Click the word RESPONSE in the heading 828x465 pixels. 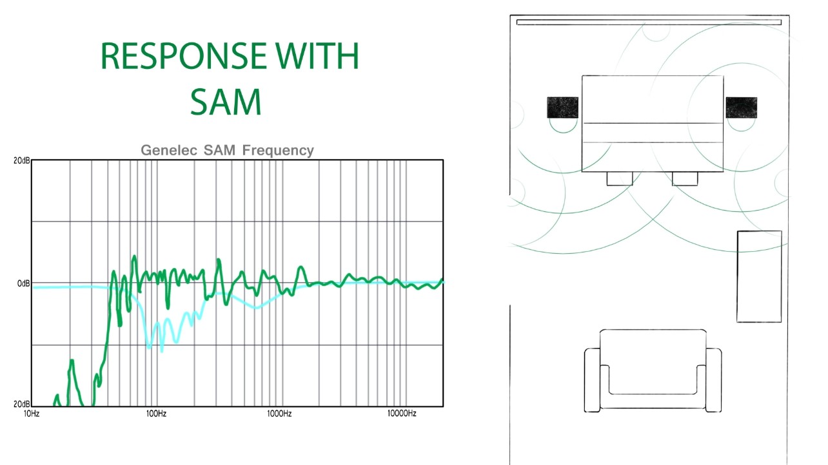tap(183, 56)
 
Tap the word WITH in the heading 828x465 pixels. tap(317, 56)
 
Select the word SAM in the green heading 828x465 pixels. tap(226, 102)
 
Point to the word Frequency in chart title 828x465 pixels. tap(278, 151)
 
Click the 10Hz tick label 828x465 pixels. tap(32, 413)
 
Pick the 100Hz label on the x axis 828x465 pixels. tap(156, 413)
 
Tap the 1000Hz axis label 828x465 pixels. tap(279, 413)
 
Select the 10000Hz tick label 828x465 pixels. tap(402, 413)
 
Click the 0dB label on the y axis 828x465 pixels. tap(23, 283)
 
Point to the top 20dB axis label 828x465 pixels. tap(21, 160)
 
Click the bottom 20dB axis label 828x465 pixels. tap(21, 404)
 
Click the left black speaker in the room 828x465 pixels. tap(562, 108)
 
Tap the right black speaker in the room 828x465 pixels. tap(741, 108)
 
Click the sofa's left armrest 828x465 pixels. tap(592, 380)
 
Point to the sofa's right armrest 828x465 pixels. tap(713, 380)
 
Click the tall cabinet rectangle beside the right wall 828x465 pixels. tap(759, 276)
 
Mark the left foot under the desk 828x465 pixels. tap(620, 178)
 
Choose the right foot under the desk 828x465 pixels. tap(685, 178)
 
